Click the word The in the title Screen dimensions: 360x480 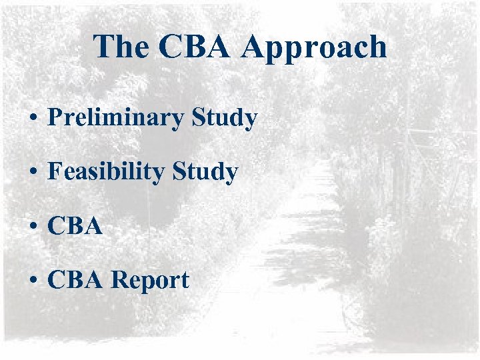click(121, 47)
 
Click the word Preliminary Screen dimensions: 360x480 click(117, 119)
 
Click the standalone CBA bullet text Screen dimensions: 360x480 click(75, 227)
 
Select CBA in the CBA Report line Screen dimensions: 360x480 click(75, 280)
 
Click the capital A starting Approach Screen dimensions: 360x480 click(257, 47)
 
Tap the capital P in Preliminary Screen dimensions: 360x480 click(55, 118)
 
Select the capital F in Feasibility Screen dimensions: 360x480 click(55, 172)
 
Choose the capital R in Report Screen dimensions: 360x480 click(119, 280)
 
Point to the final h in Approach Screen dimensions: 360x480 click(376, 47)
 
